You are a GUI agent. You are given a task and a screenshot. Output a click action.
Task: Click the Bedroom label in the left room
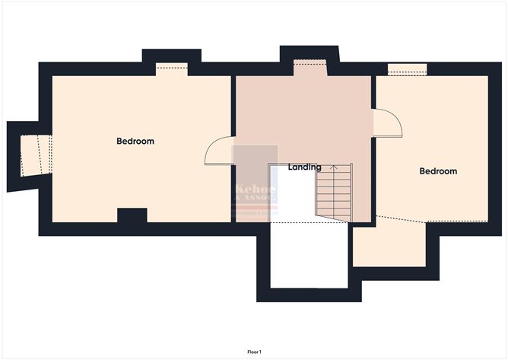tap(135, 141)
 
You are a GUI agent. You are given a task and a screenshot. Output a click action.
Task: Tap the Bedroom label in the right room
tap(438, 171)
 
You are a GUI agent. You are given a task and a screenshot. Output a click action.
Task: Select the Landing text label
tap(305, 167)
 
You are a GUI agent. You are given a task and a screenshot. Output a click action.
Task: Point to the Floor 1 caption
tap(254, 352)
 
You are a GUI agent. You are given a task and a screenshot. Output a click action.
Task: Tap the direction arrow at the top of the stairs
tap(332, 167)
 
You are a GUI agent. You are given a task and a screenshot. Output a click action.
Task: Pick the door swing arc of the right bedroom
tap(389, 122)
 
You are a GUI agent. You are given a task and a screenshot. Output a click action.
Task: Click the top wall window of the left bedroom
tap(172, 68)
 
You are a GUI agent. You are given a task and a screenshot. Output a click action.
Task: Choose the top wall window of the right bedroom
tap(407, 69)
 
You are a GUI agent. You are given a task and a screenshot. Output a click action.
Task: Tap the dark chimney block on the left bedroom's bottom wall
tap(132, 215)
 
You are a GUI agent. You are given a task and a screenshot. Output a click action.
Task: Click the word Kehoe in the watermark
tap(256, 188)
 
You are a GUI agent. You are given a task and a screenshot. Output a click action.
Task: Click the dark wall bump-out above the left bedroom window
tap(172, 55)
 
